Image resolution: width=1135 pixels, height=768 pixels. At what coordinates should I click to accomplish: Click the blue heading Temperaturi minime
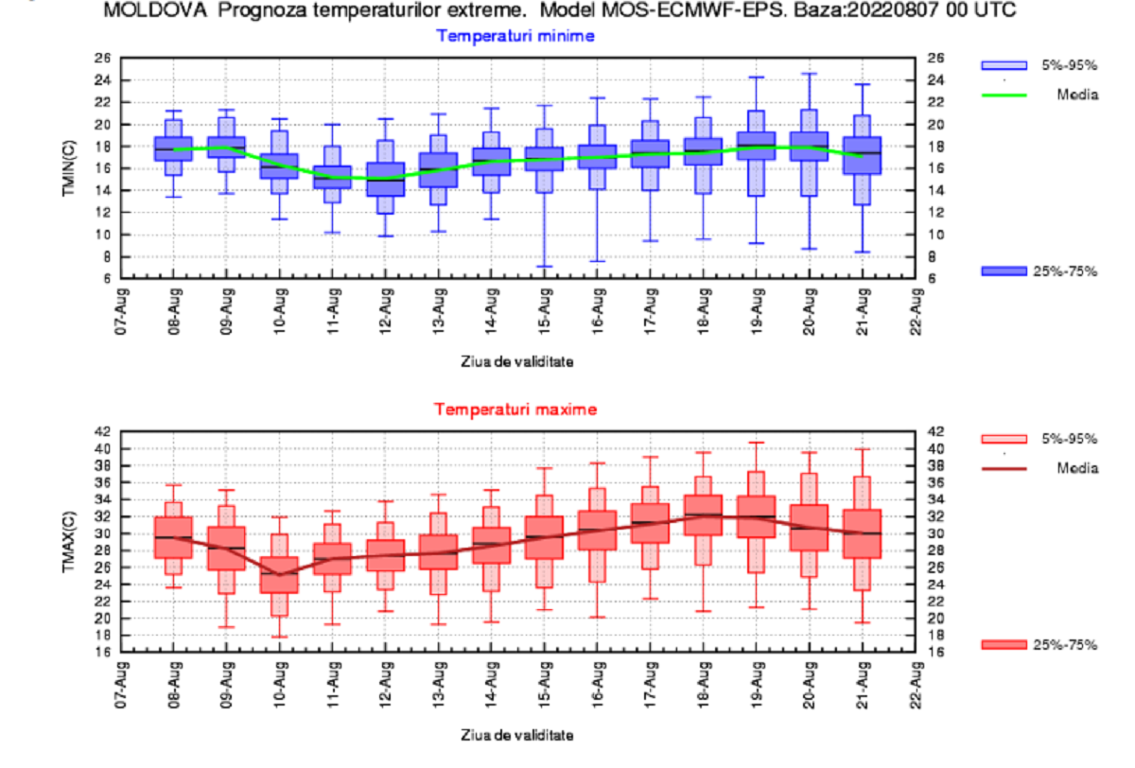(515, 36)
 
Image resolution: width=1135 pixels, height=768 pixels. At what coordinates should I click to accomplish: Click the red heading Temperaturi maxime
(515, 410)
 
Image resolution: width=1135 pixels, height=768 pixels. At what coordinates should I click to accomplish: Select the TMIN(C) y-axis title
(96, 168)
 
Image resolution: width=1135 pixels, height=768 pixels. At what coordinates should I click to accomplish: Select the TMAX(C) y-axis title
(96, 541)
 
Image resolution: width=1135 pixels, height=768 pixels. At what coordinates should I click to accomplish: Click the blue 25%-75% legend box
(1004, 271)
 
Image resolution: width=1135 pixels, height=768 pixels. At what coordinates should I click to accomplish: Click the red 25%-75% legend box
(1004, 645)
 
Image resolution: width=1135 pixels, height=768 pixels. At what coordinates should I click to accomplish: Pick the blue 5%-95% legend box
(1004, 65)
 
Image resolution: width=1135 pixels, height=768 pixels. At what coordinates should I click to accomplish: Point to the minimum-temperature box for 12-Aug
(386, 180)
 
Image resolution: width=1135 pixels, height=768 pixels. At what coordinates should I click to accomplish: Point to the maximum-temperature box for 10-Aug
(280, 575)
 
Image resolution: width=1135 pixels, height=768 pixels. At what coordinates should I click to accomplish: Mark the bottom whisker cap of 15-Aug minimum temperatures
(544, 267)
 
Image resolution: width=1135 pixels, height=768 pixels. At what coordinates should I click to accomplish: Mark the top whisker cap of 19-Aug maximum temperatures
(756, 443)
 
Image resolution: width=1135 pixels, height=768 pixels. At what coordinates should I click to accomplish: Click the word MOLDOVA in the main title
(144, 12)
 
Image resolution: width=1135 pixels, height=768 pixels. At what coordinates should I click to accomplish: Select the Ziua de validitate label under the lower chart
(516, 734)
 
